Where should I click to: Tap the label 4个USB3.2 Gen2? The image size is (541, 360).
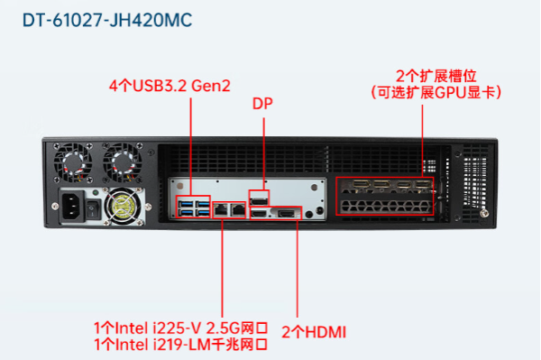coord(170,87)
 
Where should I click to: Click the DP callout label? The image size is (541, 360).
coord(262,104)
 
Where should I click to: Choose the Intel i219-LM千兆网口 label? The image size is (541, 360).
coord(180,343)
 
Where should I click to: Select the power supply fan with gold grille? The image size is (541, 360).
coord(120,207)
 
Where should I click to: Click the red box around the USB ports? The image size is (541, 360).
coord(193,208)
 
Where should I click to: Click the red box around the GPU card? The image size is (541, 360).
coord(384,196)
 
